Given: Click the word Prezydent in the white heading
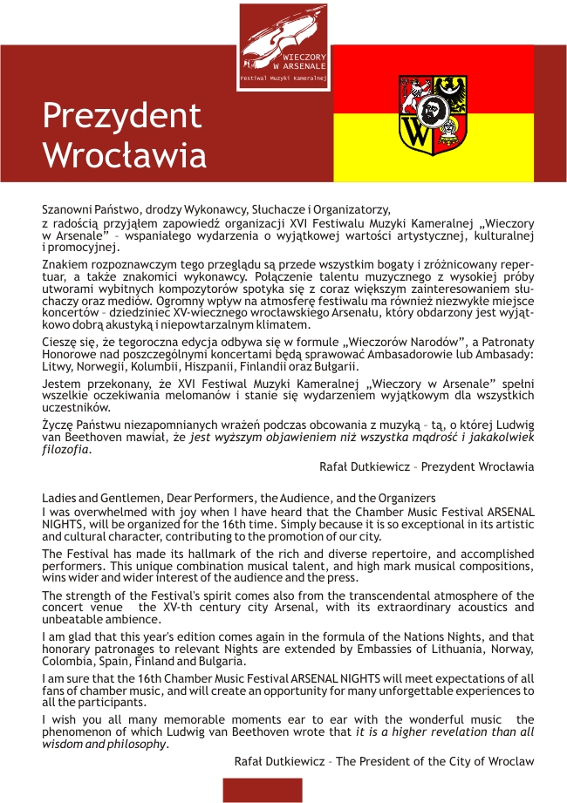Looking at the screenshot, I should click(x=122, y=115).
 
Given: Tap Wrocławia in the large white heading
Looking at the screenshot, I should click(x=125, y=155).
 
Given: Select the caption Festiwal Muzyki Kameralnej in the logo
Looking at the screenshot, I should click(x=283, y=78).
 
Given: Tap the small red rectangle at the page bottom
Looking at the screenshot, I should click(x=263, y=790).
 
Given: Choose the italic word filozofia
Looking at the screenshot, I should click(x=65, y=451).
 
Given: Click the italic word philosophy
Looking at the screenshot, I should click(x=131, y=744).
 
